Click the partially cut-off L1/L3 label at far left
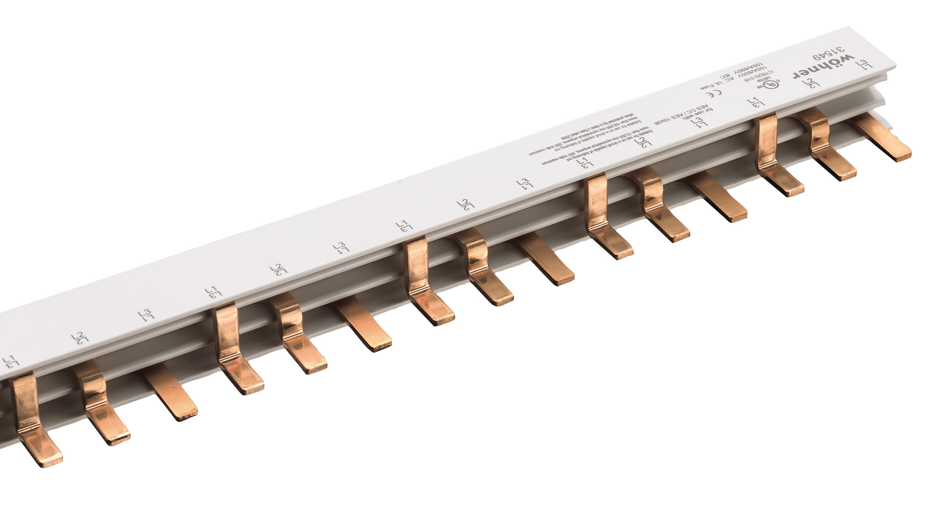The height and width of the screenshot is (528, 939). pyautogui.click(x=9, y=362)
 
